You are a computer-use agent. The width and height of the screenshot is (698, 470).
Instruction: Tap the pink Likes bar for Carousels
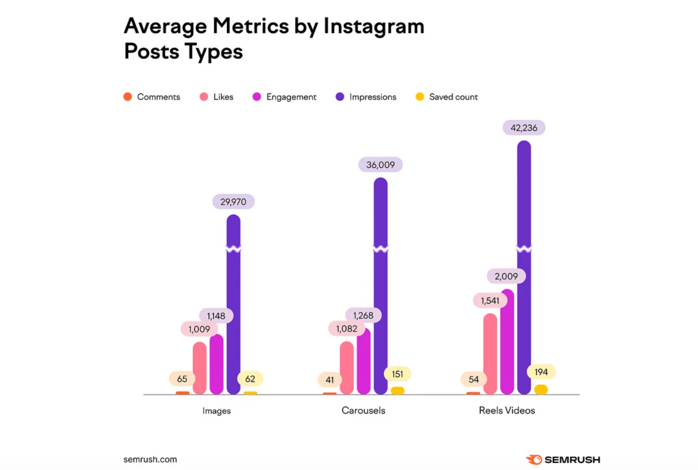pyautogui.click(x=347, y=368)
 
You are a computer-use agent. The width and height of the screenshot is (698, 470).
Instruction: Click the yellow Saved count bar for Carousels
pyautogui.click(x=398, y=390)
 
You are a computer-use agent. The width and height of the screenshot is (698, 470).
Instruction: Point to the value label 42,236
pyautogui.click(x=524, y=127)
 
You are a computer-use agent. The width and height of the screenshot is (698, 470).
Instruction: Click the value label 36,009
pyautogui.click(x=381, y=164)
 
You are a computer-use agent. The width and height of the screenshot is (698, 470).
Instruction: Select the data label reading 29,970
pyautogui.click(x=233, y=202)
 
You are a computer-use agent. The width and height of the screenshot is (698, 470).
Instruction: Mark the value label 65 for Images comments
pyautogui.click(x=182, y=379)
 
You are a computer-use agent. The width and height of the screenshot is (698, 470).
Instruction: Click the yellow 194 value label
pyautogui.click(x=541, y=372)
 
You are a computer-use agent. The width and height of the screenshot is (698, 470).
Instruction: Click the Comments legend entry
pyautogui.click(x=152, y=97)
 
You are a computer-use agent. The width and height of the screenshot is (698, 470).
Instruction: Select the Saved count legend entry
pyautogui.click(x=447, y=97)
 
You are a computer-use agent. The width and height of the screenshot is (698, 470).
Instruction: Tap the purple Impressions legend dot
pyautogui.click(x=340, y=97)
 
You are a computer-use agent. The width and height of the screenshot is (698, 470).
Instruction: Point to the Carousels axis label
pyautogui.click(x=363, y=411)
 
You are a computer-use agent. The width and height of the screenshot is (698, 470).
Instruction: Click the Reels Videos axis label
pyautogui.click(x=507, y=411)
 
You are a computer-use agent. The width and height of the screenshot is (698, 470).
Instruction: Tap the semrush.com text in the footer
pyautogui.click(x=150, y=459)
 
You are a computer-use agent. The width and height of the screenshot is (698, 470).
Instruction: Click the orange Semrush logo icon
pyautogui.click(x=534, y=460)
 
